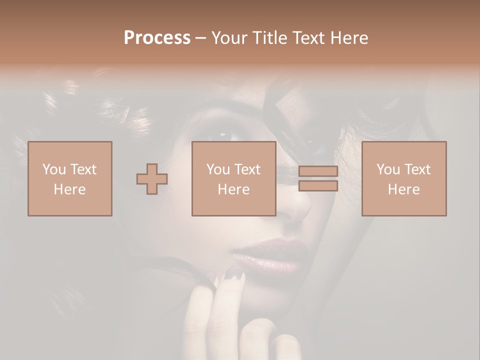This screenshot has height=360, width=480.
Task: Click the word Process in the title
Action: pyautogui.click(x=157, y=38)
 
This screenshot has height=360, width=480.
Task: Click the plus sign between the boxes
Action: pyautogui.click(x=152, y=178)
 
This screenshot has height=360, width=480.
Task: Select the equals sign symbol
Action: pyautogui.click(x=318, y=178)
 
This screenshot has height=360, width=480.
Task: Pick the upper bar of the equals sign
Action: pyautogui.click(x=318, y=171)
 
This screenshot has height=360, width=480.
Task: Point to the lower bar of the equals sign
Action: pyautogui.click(x=318, y=186)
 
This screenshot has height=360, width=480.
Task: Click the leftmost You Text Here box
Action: pyautogui.click(x=70, y=178)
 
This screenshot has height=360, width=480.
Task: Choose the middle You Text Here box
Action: pyautogui.click(x=234, y=178)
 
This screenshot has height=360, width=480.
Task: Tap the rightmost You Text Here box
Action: pyautogui.click(x=404, y=178)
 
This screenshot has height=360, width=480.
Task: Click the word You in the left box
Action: pyautogui.click(x=53, y=169)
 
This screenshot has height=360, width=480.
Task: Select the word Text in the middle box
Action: pyautogui.click(x=247, y=169)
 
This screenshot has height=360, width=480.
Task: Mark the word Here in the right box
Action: pyautogui.click(x=404, y=189)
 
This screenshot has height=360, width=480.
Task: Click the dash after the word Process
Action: pyautogui.click(x=201, y=38)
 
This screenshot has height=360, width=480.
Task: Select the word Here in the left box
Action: pyautogui.click(x=70, y=189)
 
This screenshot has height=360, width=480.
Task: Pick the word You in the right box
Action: pyautogui.click(x=387, y=169)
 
